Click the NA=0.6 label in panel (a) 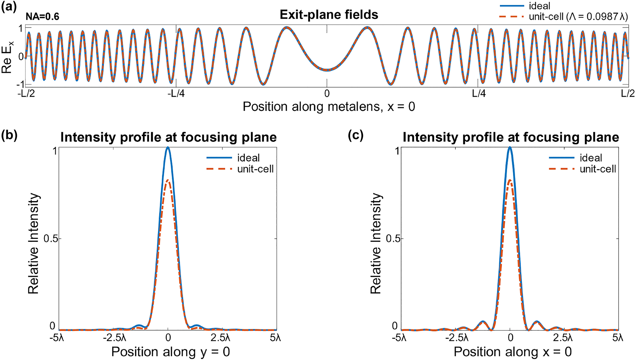[42, 17]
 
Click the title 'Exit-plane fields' [329, 15]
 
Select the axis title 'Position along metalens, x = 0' [329, 107]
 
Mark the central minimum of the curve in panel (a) [327, 70]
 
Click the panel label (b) [9, 135]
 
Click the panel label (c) [356, 135]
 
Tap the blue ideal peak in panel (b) [168, 147]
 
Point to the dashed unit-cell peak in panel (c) [510, 180]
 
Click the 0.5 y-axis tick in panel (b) [51, 238]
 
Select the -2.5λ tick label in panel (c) [457, 338]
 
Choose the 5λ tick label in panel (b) [276, 338]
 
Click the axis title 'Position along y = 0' [171, 352]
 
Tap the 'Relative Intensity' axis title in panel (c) [376, 243]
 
